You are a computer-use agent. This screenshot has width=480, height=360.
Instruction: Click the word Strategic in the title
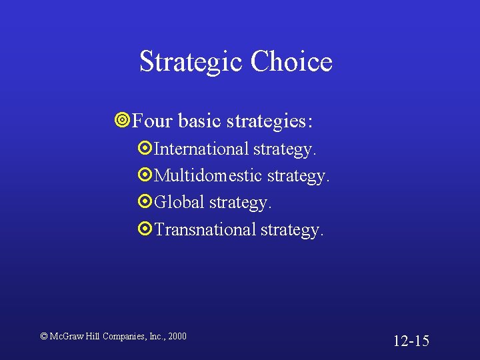191,62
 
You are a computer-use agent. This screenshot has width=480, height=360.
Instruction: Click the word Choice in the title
291,62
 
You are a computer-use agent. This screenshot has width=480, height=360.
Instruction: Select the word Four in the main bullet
153,121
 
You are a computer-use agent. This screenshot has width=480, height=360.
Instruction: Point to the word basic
201,121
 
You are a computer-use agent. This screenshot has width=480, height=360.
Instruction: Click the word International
201,149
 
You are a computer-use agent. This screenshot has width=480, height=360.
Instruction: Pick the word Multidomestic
208,175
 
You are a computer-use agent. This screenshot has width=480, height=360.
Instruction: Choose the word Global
179,202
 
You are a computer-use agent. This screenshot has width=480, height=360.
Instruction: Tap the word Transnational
205,229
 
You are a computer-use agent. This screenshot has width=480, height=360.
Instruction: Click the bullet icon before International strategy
145,149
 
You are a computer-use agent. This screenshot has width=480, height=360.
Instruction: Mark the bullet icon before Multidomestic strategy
145,175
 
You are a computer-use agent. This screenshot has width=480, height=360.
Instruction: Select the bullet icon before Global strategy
145,202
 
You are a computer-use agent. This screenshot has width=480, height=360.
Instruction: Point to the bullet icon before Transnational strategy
145,229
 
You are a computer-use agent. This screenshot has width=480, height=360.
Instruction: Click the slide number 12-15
411,341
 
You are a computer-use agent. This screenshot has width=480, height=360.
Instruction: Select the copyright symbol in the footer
44,336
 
